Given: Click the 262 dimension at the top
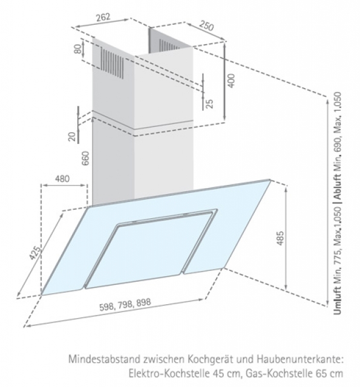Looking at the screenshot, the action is (103, 18).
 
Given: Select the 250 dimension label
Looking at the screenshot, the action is (206, 25).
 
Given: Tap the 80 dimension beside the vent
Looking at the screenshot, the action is (78, 48).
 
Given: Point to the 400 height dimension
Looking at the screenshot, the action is (231, 80).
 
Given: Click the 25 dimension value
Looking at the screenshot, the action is (209, 103).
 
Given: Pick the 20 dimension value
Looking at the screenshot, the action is (72, 137).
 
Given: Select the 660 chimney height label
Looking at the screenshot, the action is (85, 158).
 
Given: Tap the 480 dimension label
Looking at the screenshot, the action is (62, 178).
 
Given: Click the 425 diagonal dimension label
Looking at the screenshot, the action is (35, 253).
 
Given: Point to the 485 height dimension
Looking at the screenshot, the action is (280, 238).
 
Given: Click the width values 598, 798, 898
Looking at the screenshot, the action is (125, 305).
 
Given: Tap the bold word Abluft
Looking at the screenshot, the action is (337, 187).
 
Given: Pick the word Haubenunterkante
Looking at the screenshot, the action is (300, 359).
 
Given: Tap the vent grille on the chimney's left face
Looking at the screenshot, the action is (112, 63).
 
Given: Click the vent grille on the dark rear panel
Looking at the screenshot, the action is (169, 44).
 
